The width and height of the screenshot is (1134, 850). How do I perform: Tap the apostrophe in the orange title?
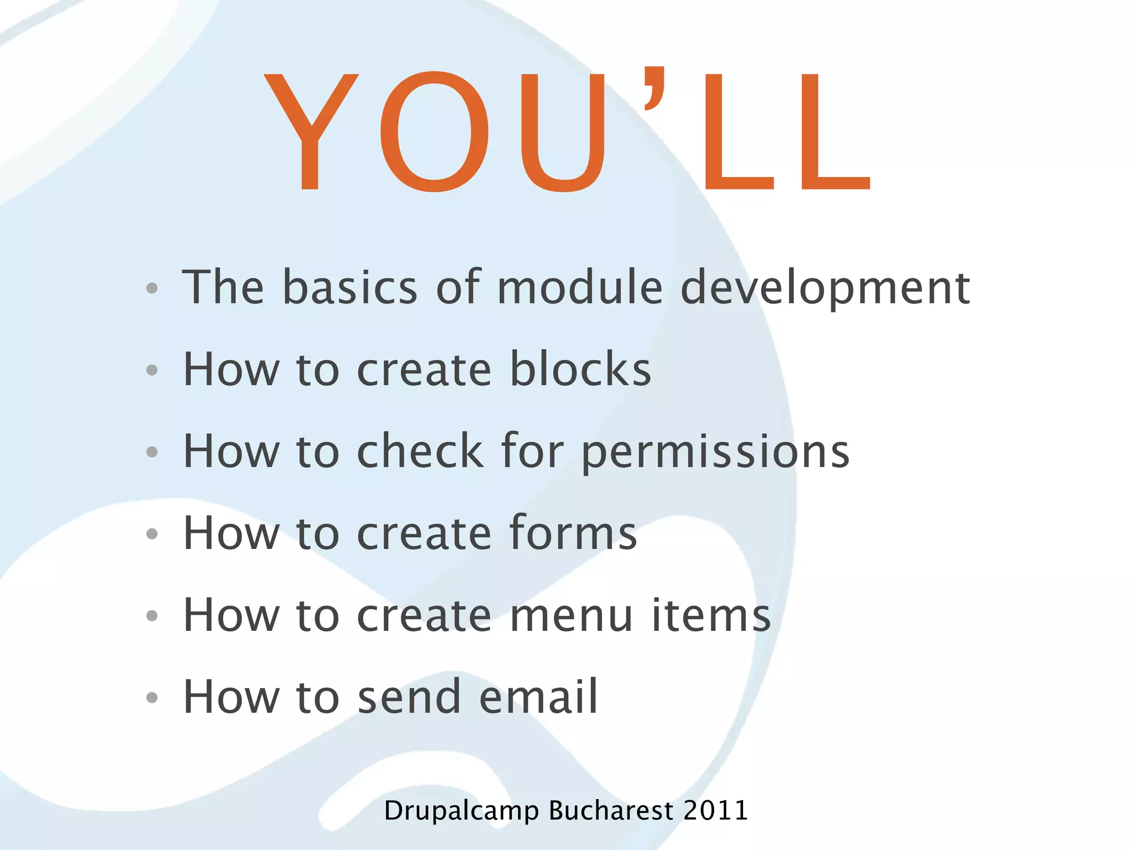pos(654,89)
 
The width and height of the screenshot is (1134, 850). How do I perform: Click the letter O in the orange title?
pos(435,132)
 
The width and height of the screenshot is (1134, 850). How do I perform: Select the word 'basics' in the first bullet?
pos(350,287)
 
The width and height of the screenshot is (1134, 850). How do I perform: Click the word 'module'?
pos(580,287)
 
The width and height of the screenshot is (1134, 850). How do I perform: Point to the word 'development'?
pos(825,288)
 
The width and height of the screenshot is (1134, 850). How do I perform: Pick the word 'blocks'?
pos(580,369)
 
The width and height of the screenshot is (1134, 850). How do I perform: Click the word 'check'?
pos(420,451)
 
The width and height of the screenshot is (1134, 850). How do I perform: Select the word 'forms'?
pos(573,532)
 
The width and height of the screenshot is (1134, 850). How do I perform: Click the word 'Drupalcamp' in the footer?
pos(461,811)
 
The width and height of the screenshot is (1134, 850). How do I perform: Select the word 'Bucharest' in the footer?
pos(611,811)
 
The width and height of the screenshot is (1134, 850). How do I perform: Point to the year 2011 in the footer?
pos(715,811)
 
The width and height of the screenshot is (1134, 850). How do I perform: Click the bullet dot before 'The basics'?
pos(152,288)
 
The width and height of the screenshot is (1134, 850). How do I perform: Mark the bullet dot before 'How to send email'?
pos(152,697)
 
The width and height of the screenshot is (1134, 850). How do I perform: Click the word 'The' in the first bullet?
pos(223,287)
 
